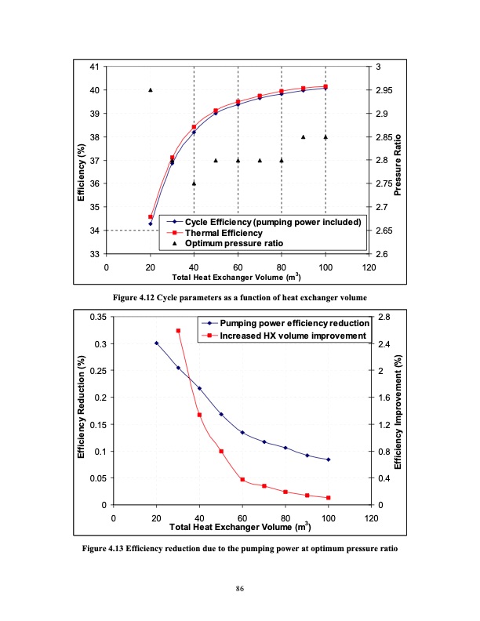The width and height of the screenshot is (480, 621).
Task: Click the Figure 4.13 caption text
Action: coord(240,547)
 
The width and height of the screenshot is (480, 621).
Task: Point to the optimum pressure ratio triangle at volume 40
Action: coord(194,183)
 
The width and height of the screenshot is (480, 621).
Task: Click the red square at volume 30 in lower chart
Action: coord(178,331)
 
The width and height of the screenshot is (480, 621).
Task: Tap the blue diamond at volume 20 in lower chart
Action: coord(156,343)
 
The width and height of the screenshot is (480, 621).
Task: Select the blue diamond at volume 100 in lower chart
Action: coord(329,459)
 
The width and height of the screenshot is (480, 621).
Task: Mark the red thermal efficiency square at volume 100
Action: coord(325,86)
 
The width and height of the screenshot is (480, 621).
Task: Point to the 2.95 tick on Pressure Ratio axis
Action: coord(384,90)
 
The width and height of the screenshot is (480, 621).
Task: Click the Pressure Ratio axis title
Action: coord(398,161)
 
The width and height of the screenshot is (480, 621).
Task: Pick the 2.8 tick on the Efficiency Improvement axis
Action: coord(382,317)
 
